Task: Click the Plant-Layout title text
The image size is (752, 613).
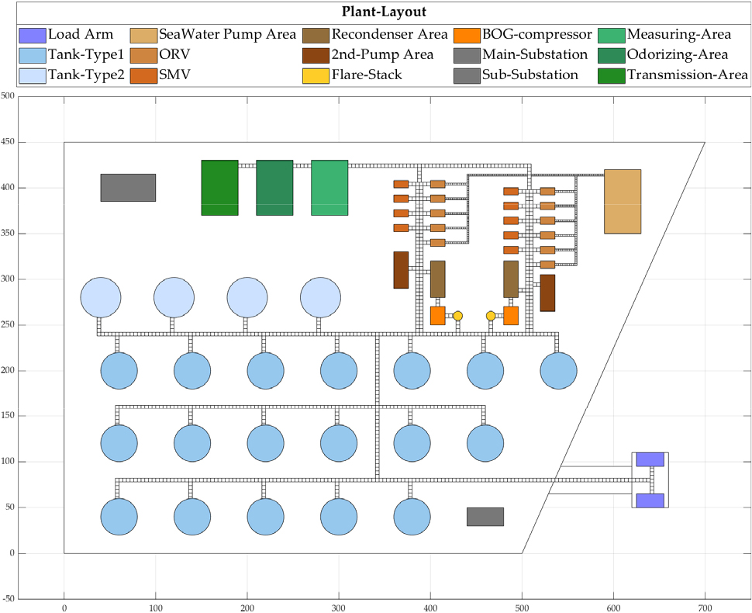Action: (376, 12)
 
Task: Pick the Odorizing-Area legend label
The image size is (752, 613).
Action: (677, 55)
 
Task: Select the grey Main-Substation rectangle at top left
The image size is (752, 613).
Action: (128, 188)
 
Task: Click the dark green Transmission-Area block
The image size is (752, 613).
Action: (219, 188)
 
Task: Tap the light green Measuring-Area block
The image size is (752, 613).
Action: (329, 188)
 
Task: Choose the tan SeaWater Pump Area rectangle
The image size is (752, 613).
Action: (623, 201)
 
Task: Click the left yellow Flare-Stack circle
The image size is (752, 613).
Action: (457, 316)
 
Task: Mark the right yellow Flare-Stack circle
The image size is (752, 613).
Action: (491, 316)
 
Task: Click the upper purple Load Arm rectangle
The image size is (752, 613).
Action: (650, 459)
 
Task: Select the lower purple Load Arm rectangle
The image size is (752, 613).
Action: (650, 500)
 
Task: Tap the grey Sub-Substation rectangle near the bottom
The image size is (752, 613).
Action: (485, 517)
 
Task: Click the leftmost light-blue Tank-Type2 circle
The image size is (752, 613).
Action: (101, 297)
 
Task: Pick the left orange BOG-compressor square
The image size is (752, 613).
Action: (437, 316)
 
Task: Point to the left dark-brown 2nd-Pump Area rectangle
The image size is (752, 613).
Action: (401, 270)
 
